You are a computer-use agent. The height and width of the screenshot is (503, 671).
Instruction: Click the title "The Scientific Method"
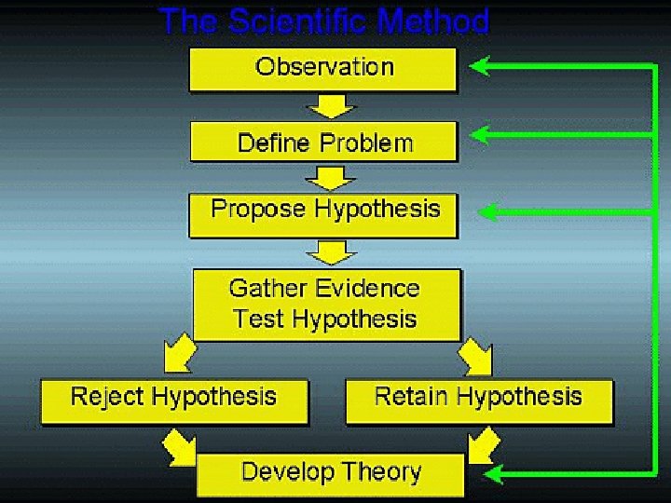click(x=323, y=20)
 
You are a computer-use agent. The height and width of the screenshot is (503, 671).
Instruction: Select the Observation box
click(x=323, y=69)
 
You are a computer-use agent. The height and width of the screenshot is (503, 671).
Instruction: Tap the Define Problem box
click(x=324, y=143)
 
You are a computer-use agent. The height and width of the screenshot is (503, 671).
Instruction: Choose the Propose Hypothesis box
click(x=324, y=211)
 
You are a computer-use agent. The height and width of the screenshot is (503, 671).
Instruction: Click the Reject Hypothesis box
click(x=174, y=399)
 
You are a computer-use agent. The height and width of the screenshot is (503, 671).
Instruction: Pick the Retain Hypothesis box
click(x=478, y=399)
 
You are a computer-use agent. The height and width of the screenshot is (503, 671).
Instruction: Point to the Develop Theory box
click(x=330, y=473)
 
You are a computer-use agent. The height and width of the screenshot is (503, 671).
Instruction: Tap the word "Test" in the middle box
click(x=258, y=319)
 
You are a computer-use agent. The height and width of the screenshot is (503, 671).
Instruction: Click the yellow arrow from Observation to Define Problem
click(x=327, y=107)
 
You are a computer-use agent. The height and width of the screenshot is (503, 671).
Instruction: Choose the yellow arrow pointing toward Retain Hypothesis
click(x=475, y=354)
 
